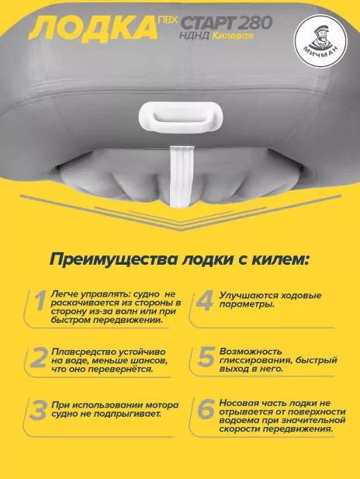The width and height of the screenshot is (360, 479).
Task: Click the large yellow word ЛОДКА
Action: coord(93,29)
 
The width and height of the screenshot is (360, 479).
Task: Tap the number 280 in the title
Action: coord(256,23)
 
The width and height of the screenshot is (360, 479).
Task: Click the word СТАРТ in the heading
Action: coord(209,23)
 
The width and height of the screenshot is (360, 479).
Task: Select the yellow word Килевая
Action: coord(233,36)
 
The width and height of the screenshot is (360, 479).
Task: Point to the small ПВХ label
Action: coord(168,20)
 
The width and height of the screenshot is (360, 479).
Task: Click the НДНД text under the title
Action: coord(195,36)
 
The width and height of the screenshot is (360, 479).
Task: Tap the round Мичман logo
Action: coord(320,41)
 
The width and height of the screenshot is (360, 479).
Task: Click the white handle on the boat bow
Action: coord(181,117)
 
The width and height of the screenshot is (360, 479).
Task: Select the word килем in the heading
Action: coord(278,260)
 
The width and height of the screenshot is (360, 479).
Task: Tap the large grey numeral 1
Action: coord(40,301)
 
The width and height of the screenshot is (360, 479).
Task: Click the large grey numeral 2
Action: coord(39,357)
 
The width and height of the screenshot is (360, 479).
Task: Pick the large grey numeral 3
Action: coord(39,411)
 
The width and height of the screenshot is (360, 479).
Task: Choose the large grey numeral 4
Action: coord(205,300)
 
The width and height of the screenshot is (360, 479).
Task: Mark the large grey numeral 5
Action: coord(206,356)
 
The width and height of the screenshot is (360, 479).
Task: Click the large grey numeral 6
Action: coord(206,409)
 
